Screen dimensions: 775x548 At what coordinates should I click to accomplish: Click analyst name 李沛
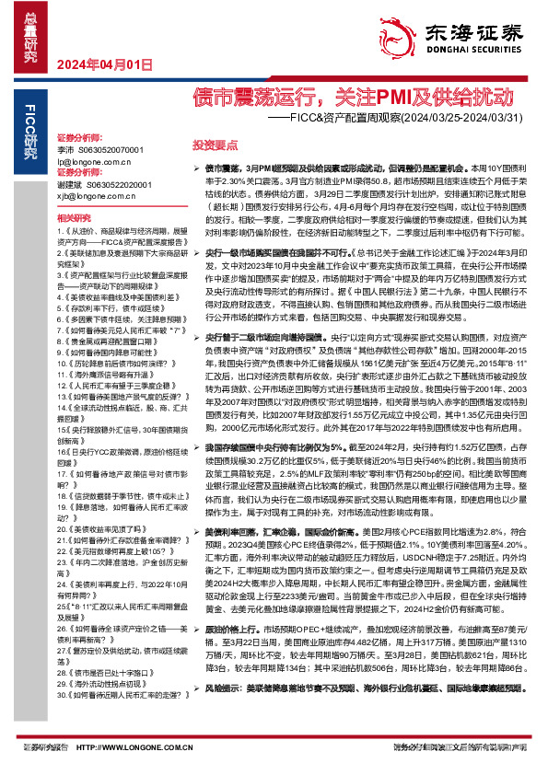[x=65, y=148]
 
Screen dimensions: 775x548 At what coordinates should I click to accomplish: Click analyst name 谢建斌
[x=69, y=184]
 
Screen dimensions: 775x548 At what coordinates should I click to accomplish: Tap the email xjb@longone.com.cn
[x=96, y=196]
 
